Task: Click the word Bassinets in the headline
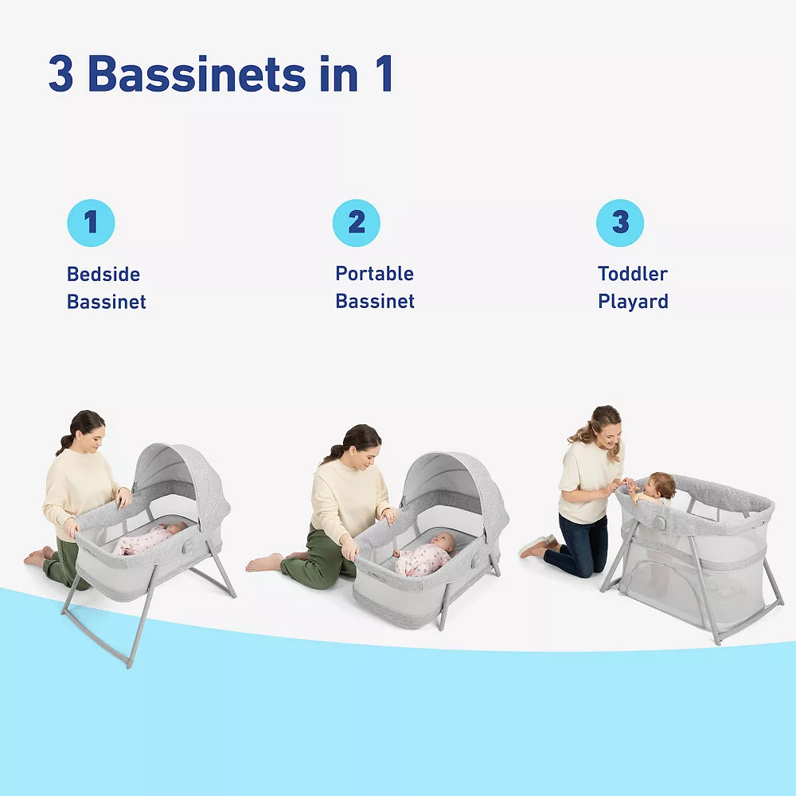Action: [x=197, y=74]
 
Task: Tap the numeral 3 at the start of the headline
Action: [x=61, y=74]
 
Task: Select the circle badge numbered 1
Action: [x=92, y=223]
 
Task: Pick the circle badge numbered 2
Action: [x=357, y=223]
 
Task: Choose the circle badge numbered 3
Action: [x=620, y=223]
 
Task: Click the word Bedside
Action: [x=103, y=275]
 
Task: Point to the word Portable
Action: [x=375, y=274]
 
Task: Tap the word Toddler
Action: [x=633, y=274]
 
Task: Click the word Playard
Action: [x=633, y=302]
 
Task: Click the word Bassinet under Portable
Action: [x=375, y=302]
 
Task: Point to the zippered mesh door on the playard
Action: [x=655, y=579]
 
